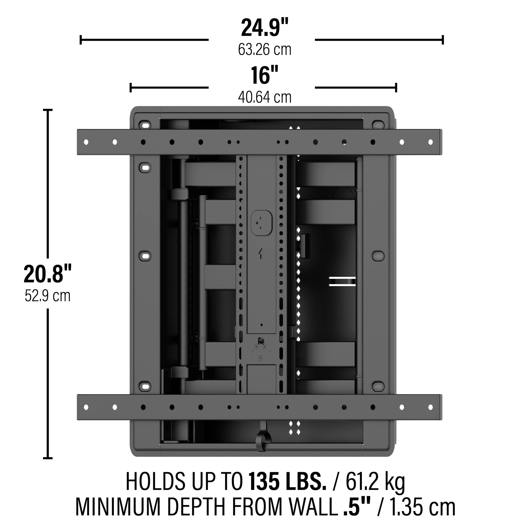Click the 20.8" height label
(x=48, y=274)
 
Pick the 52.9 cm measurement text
(x=48, y=296)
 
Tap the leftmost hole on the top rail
(x=86, y=142)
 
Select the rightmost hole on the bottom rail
(x=430, y=407)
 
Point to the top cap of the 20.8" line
(x=48, y=110)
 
